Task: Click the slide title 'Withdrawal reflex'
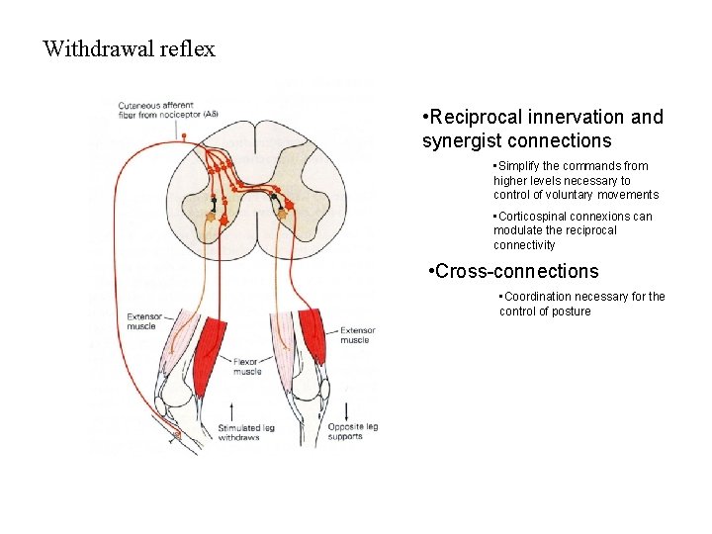tap(129, 48)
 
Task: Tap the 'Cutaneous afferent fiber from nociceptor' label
tap(168, 110)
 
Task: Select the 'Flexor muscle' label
tap(247, 367)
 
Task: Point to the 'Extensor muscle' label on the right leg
tap(356, 335)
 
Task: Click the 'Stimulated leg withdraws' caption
tap(241, 432)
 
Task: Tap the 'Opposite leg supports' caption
tap(354, 431)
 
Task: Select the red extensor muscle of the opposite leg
tap(312, 336)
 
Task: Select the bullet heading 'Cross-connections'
tap(516, 271)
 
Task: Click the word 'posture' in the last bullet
tap(572, 311)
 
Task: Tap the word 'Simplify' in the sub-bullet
tap(521, 166)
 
